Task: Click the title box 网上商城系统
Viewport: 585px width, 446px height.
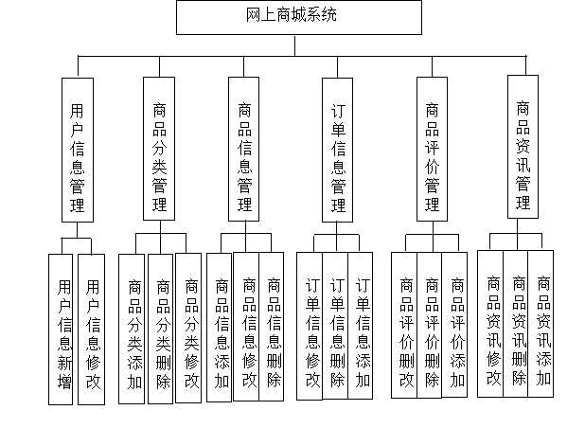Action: pyautogui.click(x=298, y=17)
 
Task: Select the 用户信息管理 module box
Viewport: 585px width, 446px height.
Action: pyautogui.click(x=77, y=150)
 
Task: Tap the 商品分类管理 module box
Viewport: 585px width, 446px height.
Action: pyautogui.click(x=158, y=150)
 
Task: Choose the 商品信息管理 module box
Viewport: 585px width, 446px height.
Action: pyautogui.click(x=245, y=150)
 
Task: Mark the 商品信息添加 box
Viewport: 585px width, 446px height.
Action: pyautogui.click(x=221, y=328)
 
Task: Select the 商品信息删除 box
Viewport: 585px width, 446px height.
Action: pyautogui.click(x=274, y=326)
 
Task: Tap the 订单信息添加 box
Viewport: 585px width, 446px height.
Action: pyautogui.click(x=362, y=328)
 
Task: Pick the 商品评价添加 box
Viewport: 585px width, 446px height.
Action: pyautogui.click(x=458, y=328)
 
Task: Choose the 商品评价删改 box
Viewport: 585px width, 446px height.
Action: pyautogui.click(x=405, y=328)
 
